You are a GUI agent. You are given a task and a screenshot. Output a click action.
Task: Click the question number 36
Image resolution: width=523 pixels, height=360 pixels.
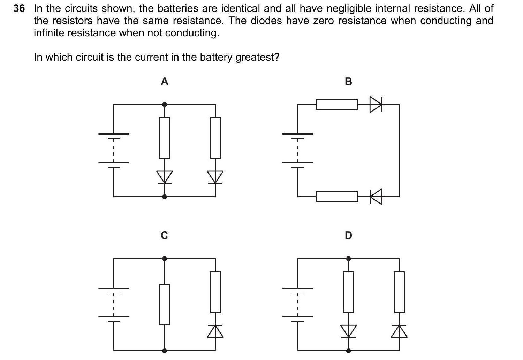point(19,9)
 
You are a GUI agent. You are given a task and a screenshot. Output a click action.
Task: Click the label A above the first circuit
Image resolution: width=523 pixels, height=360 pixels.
point(165,82)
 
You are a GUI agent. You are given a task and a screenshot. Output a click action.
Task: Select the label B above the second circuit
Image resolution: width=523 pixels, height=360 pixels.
point(348,82)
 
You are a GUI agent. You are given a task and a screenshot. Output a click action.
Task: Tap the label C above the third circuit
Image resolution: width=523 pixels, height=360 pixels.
point(165,236)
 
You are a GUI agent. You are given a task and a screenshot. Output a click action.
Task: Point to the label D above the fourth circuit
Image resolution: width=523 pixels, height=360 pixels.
point(348,236)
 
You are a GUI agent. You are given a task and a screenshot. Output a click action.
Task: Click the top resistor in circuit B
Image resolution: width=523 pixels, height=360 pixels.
point(337,104)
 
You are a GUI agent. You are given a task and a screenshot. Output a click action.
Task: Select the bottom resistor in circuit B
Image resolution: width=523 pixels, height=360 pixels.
point(337,197)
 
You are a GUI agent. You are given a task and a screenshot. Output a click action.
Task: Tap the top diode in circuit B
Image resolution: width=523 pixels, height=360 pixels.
point(376,104)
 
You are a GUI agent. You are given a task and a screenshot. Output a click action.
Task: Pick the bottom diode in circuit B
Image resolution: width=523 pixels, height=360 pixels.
point(376,197)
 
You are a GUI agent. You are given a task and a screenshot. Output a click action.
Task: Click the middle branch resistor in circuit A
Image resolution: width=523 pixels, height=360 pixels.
point(165,138)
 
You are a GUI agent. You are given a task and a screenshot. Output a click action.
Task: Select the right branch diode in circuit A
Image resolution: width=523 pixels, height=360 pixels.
point(215,177)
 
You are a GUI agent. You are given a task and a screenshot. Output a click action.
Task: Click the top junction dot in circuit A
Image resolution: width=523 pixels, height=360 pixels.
point(165,104)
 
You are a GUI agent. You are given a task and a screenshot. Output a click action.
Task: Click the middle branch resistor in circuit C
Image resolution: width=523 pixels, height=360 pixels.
point(165,305)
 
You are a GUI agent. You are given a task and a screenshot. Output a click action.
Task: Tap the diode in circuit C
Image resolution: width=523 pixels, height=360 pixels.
point(215,331)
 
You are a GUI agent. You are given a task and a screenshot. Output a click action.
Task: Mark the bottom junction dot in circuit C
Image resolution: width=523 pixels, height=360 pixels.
point(165,351)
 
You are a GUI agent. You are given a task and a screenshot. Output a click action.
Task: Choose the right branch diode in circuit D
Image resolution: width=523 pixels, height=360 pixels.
point(399,331)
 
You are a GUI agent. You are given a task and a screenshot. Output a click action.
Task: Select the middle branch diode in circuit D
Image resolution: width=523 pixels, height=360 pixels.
point(348,331)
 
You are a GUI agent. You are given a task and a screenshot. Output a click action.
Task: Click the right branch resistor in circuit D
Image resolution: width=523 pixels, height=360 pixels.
point(399,292)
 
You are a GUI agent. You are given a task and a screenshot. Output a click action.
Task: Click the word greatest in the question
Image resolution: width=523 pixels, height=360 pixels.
point(257,57)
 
